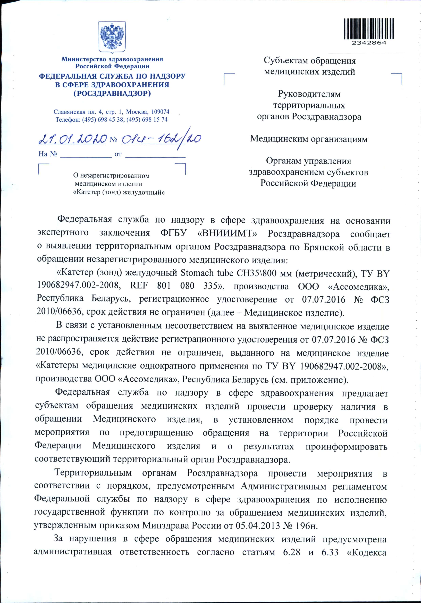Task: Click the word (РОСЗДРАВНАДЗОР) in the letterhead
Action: (112, 93)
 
